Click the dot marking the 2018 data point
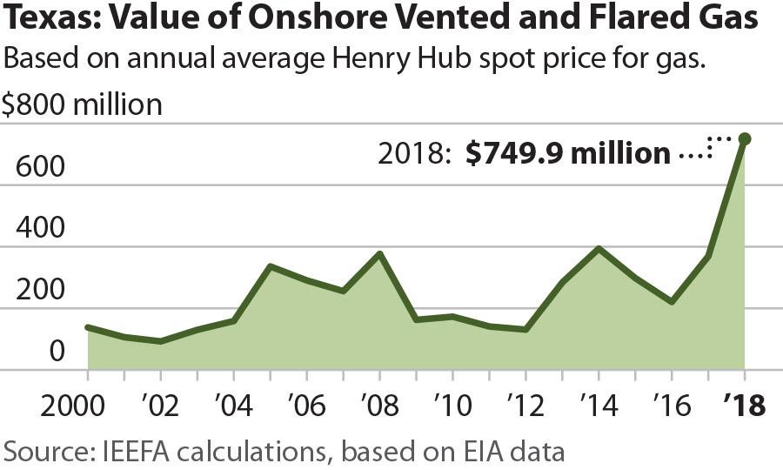745,139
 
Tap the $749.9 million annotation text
567,154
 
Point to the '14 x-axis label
598,406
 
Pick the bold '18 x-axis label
743,406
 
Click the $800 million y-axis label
82,105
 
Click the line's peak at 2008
379,254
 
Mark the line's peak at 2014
599,249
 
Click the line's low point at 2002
160,341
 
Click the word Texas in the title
45,20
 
